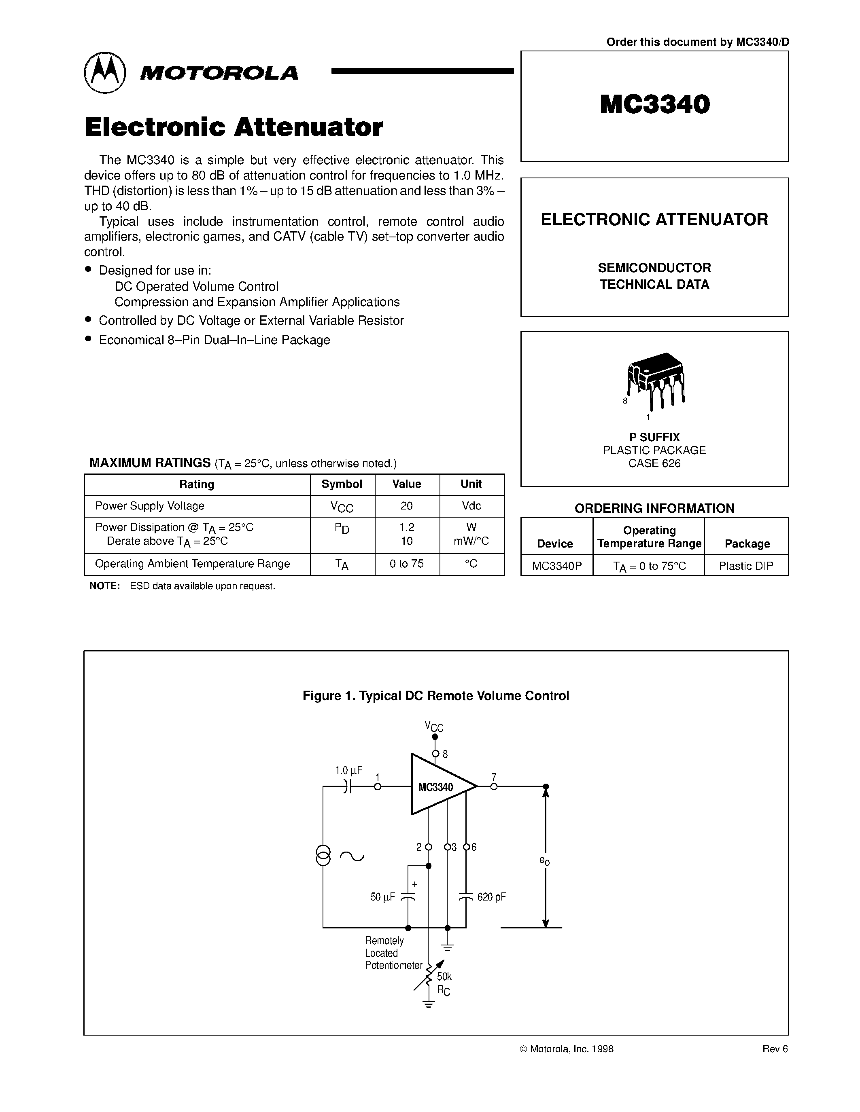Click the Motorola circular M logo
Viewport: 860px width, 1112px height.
(104, 72)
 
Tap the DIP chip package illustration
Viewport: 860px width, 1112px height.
(656, 379)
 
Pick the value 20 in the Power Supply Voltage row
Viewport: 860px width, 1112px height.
(407, 505)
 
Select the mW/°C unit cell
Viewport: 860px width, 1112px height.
(471, 541)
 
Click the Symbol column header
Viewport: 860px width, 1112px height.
(342, 484)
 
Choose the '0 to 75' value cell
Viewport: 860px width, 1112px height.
(407, 564)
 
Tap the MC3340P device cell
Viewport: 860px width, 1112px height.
(556, 566)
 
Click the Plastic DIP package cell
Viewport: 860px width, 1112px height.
(746, 566)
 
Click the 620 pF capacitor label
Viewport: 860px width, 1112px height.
(491, 897)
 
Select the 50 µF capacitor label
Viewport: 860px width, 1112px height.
(382, 897)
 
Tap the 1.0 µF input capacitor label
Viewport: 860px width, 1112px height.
(348, 770)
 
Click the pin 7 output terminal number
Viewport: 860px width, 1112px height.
(494, 777)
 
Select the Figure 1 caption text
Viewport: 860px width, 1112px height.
(435, 696)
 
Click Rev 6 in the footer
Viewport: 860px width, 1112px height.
(775, 1049)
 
